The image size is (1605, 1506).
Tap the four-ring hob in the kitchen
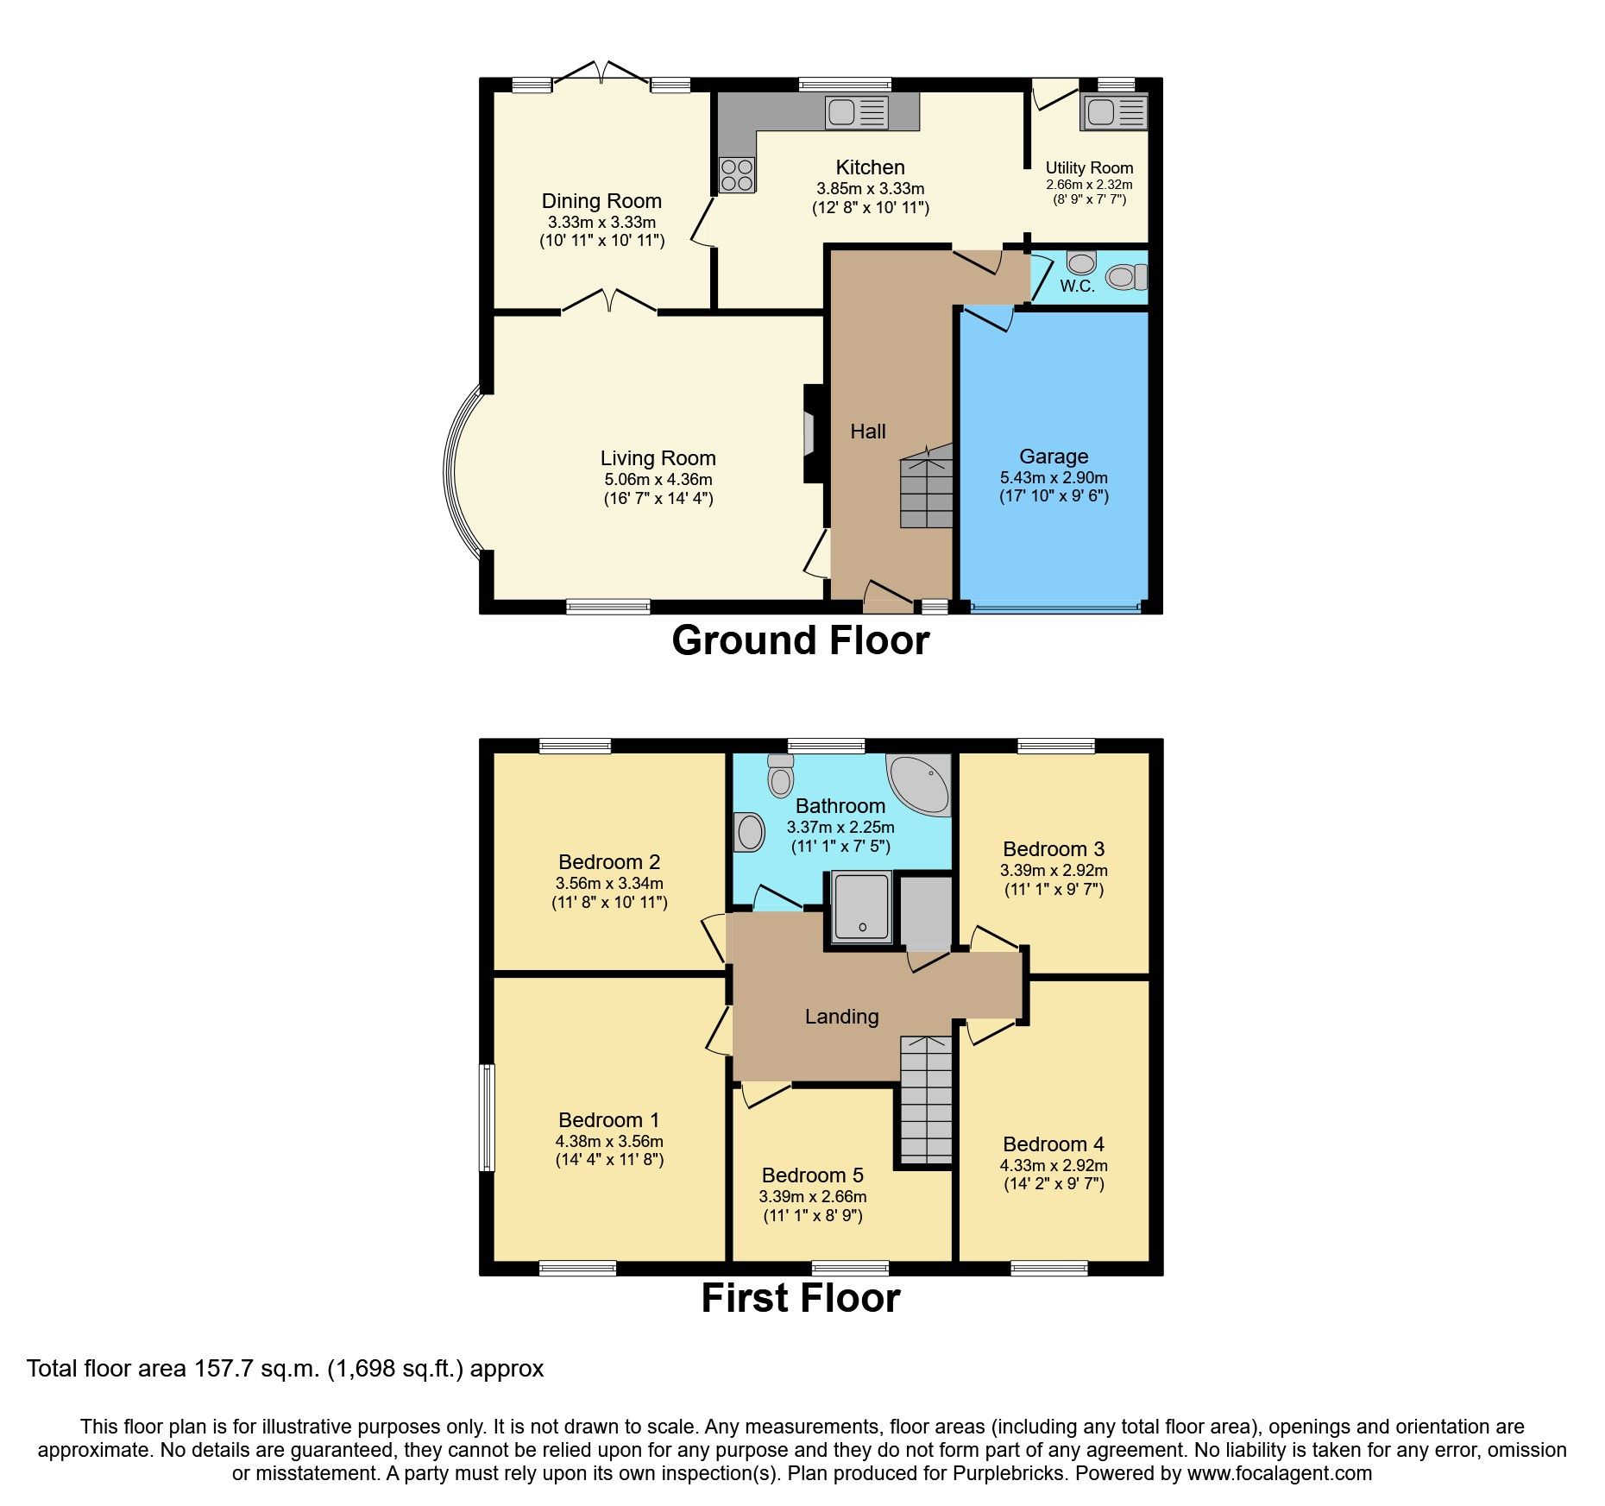click(x=736, y=175)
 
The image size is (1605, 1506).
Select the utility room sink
click(x=1114, y=112)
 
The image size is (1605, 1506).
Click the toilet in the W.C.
click(x=1126, y=276)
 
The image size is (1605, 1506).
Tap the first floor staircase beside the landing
click(x=926, y=1100)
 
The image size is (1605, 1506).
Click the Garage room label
click(x=1054, y=457)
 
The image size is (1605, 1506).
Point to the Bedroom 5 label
click(x=812, y=1175)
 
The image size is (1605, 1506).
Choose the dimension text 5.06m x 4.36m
click(x=658, y=480)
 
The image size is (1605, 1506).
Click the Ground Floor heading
click(x=800, y=641)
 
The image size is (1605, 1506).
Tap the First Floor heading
click(x=800, y=1299)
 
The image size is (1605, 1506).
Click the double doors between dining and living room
click(x=609, y=302)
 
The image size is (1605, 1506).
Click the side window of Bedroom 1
click(x=488, y=1117)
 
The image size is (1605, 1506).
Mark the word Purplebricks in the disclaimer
click(x=1008, y=1473)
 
